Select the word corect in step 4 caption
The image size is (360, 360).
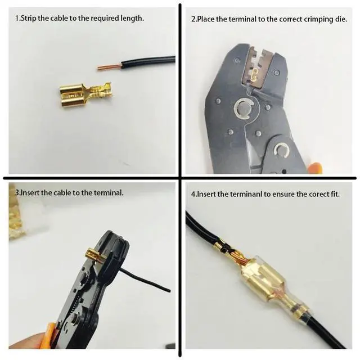pyautogui.click(x=321, y=194)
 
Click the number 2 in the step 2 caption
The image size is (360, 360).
pyautogui.click(x=193, y=19)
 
